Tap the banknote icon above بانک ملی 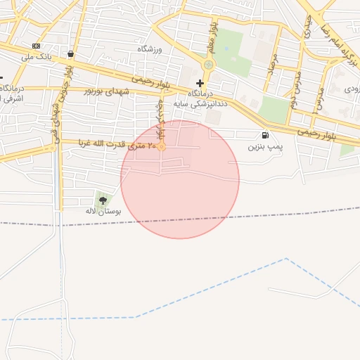(36, 46)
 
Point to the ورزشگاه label (150, 49)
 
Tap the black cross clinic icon (200, 83)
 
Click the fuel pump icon (265, 135)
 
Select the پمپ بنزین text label (265, 147)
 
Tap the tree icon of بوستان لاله (103, 200)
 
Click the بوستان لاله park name (103, 211)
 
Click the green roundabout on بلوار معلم (208, 65)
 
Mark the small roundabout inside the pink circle (161, 146)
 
